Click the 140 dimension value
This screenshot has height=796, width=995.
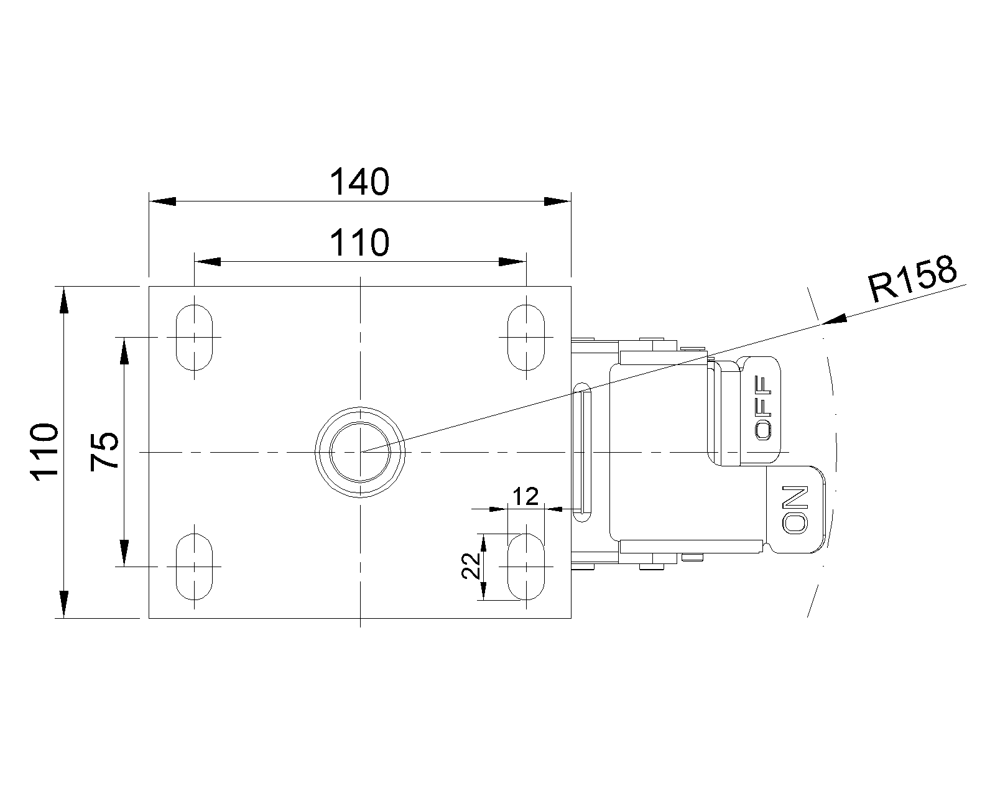pos(359,182)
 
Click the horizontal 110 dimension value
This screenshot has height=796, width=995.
pos(359,243)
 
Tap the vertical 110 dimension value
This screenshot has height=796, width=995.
pos(44,452)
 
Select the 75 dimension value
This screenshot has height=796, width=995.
pos(104,451)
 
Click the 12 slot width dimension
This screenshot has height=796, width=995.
pos(525,497)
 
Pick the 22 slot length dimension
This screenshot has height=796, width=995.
pos(471,566)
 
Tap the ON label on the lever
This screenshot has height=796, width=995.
pos(795,510)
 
